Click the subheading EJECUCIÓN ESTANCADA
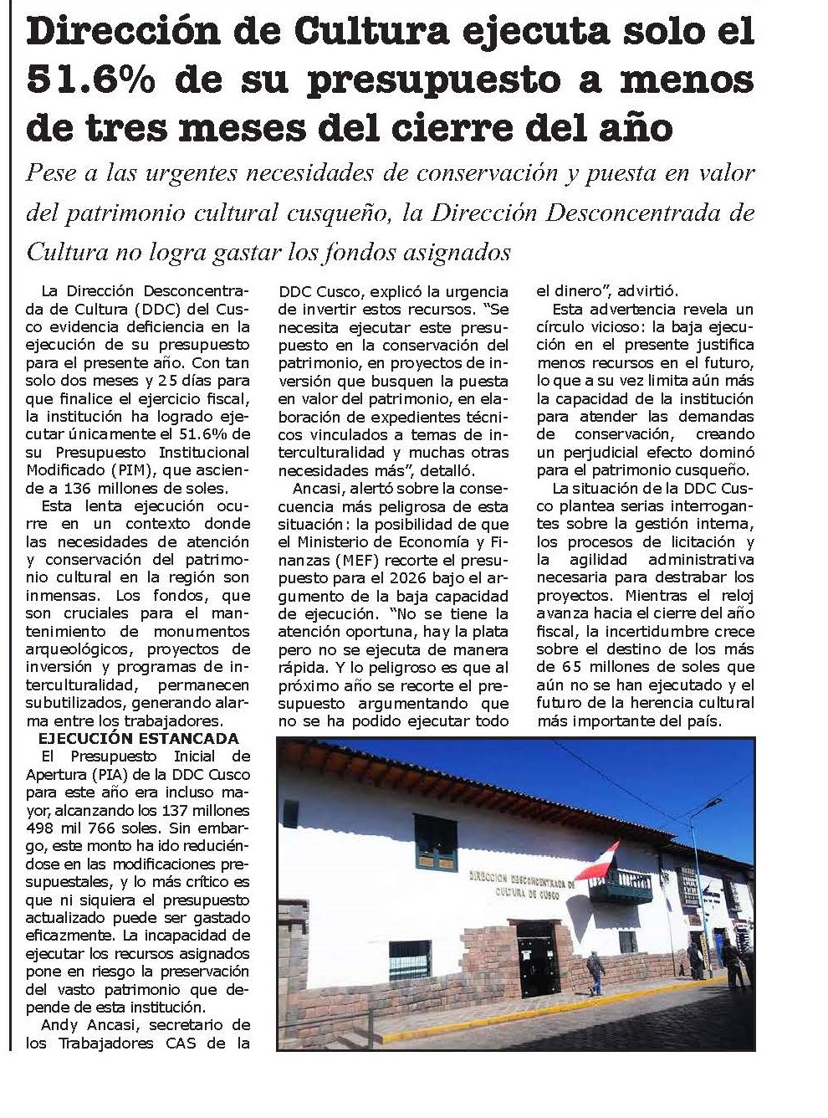pos(139,738)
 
